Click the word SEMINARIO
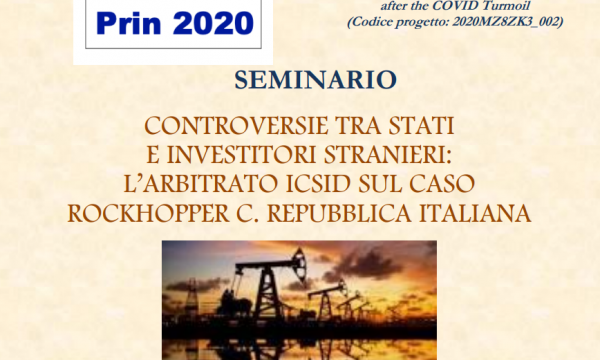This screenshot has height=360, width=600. coord(315,80)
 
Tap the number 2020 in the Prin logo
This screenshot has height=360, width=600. coord(213,23)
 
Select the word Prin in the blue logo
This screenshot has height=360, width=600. coord(129,23)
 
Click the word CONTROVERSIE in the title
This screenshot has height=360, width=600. coord(236,126)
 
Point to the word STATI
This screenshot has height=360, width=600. coord(422,126)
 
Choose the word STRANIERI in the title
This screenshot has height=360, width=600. coord(385,155)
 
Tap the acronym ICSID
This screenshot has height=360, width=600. coord(318,184)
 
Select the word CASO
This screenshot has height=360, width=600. coord(442,184)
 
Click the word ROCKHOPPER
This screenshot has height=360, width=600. coord(148,213)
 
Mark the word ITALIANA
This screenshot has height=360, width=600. coord(475,213)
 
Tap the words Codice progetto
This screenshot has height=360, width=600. coord(399,22)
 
